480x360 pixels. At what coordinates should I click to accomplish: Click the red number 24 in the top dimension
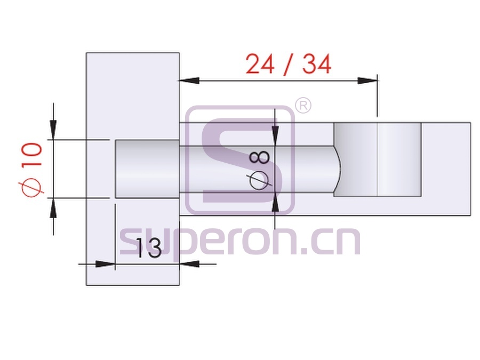point(260,64)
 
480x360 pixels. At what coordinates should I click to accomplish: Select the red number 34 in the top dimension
point(317,64)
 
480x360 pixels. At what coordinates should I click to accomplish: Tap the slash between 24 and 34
point(288,64)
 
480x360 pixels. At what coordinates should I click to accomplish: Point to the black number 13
point(148,247)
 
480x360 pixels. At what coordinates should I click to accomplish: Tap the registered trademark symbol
point(303,105)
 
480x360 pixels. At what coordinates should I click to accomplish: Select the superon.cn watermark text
point(240,242)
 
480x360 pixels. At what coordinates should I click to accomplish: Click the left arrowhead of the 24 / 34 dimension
point(189,81)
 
